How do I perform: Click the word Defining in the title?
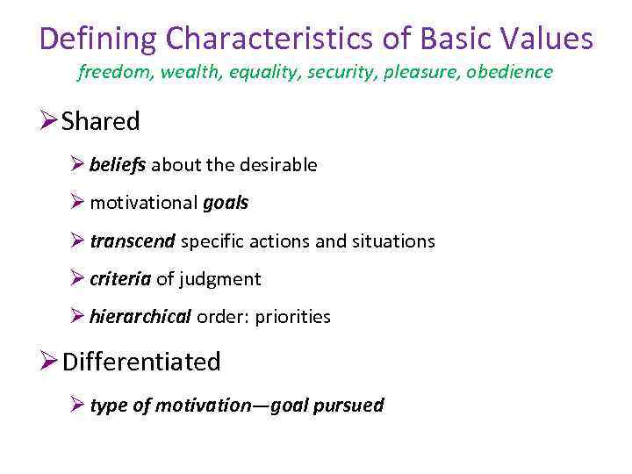tap(99, 39)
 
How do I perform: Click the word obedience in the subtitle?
tap(509, 72)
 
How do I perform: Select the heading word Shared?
tap(101, 122)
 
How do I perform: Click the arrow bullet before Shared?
tap(50, 122)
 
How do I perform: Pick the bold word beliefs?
tap(118, 164)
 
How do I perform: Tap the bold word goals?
tap(226, 203)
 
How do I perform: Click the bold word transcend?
tap(133, 241)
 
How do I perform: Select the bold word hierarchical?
tap(140, 317)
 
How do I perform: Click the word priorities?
tap(292, 317)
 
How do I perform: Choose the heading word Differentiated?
tap(141, 362)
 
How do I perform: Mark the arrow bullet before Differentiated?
tap(50, 362)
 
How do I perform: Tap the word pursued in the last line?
tap(351, 405)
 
